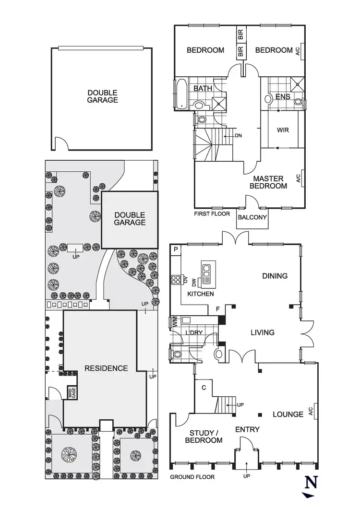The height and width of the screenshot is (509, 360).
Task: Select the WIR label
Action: (x=283, y=130)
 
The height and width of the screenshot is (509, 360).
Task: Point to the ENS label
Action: (x=283, y=97)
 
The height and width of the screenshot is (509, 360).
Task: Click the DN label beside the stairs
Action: (x=239, y=136)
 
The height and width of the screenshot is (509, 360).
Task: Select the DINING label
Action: (x=275, y=276)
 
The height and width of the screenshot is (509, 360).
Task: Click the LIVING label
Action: (x=262, y=332)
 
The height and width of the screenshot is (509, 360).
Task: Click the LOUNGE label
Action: (x=288, y=414)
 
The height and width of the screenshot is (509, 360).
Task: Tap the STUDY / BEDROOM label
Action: (x=206, y=436)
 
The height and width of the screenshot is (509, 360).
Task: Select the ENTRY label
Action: (x=247, y=429)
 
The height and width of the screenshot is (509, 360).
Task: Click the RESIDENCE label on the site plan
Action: (x=106, y=368)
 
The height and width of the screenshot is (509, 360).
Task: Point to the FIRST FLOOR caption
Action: (x=212, y=213)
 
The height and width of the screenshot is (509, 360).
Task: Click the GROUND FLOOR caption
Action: (x=192, y=477)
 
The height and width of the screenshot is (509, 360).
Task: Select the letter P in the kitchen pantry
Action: (x=176, y=249)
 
